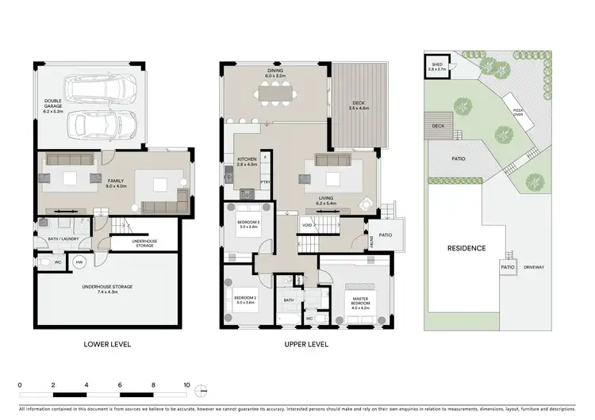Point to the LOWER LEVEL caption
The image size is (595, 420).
[x=107, y=345]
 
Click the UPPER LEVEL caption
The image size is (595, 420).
[x=305, y=345]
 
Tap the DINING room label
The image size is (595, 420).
[x=275, y=74]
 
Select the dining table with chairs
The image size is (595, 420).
[x=275, y=94]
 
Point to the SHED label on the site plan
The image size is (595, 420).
[x=436, y=67]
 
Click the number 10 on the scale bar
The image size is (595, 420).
[x=186, y=384]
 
